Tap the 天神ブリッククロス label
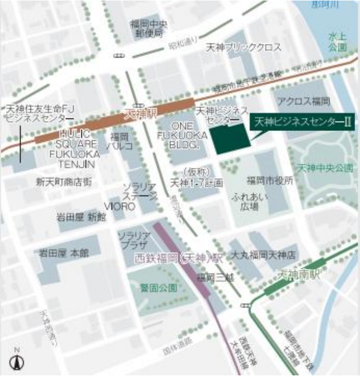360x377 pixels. point(244,48)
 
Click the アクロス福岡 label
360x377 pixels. point(304,102)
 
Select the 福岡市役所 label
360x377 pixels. point(270,179)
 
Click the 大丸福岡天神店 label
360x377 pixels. point(263,254)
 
